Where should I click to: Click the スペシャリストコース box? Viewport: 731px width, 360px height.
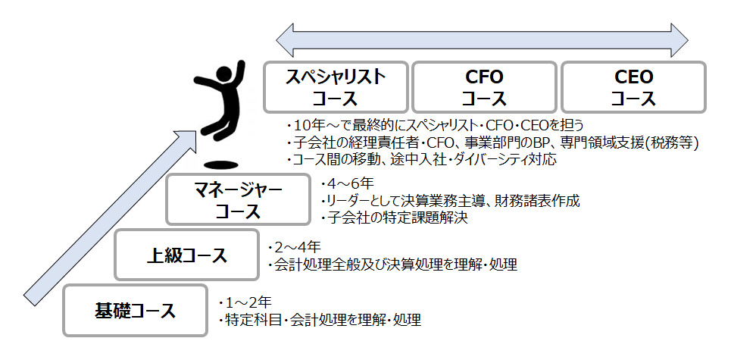pos(336,87)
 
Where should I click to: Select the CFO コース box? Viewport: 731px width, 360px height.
pos(483,87)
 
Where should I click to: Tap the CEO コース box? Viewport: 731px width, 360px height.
pos(633,87)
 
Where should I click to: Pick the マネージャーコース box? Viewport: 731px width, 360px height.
pos(238,200)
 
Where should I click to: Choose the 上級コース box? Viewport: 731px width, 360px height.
pos(186,255)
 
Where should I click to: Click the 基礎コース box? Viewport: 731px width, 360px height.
pos(135,310)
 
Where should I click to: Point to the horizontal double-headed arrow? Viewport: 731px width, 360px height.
pos(481,36)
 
